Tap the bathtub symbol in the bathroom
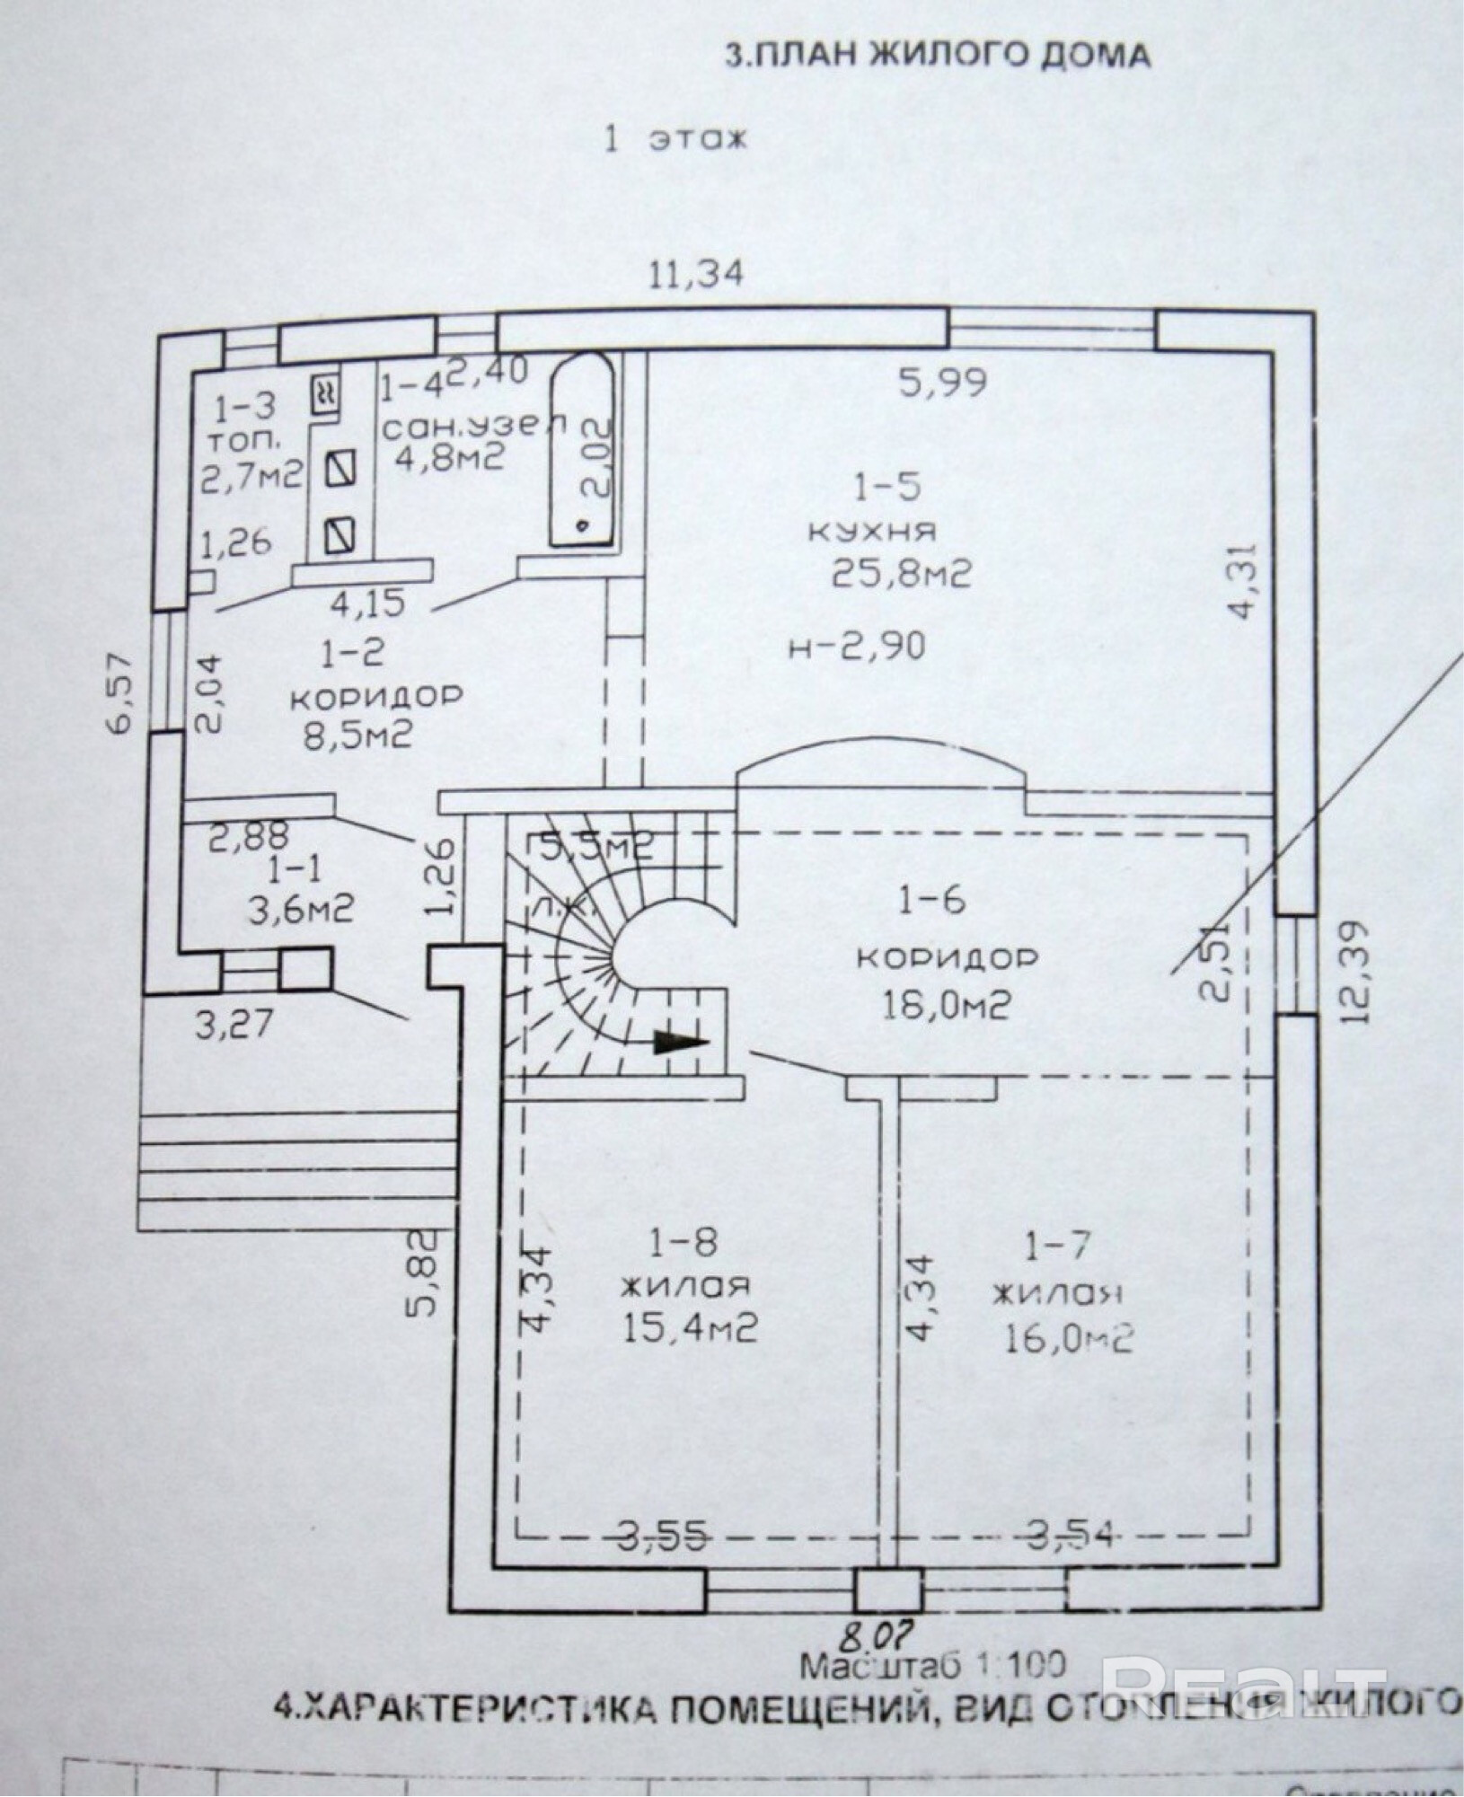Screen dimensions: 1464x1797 (582, 449)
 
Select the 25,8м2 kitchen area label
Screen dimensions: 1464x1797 (901, 572)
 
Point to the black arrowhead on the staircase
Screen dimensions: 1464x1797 (680, 1042)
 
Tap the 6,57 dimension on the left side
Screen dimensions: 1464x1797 (120, 693)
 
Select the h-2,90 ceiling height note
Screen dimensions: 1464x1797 (856, 647)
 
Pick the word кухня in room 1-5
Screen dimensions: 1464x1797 (871, 531)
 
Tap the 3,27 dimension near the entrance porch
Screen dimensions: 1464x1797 (234, 1025)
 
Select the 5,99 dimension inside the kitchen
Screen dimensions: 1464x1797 (942, 383)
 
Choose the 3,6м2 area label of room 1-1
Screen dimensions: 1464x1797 (300, 912)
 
